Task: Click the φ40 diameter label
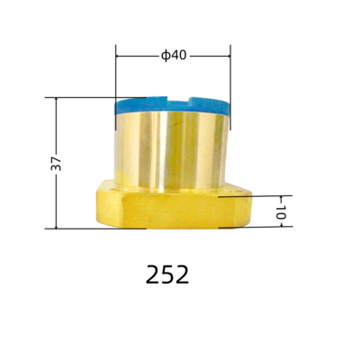coord(174,56)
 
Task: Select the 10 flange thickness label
coord(280,213)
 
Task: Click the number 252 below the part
coord(167,274)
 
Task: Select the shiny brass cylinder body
coord(171,148)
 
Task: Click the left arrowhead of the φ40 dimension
coord(120,56)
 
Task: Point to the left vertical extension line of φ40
coord(115,72)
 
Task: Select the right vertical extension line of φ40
coord(230,72)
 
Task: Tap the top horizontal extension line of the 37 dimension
coord(81,97)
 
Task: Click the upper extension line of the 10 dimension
coord(261,194)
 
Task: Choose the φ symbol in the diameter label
coord(166,56)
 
